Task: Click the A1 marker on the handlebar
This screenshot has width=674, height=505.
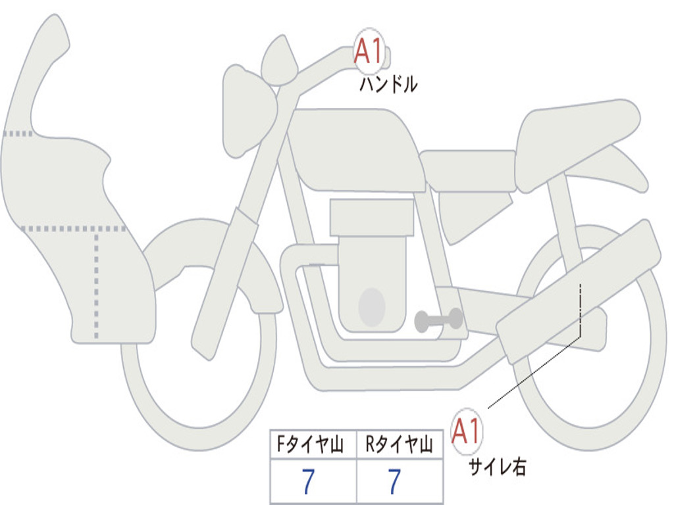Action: tap(369, 51)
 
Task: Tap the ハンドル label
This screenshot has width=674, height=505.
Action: tap(388, 84)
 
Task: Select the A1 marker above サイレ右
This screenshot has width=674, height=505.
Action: tap(467, 431)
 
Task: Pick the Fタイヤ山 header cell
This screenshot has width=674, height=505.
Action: tap(313, 445)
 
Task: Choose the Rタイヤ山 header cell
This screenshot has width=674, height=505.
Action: tap(400, 445)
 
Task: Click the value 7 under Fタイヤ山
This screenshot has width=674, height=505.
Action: tap(308, 481)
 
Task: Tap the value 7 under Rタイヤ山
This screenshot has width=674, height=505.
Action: tap(395, 481)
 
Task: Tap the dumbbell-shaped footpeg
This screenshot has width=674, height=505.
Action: tap(438, 320)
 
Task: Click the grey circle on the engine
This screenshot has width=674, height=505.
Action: tap(372, 307)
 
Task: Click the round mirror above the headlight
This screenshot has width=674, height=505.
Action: tap(280, 60)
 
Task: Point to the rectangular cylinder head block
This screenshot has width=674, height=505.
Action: tap(372, 217)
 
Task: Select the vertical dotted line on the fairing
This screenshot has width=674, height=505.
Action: tap(96, 285)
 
